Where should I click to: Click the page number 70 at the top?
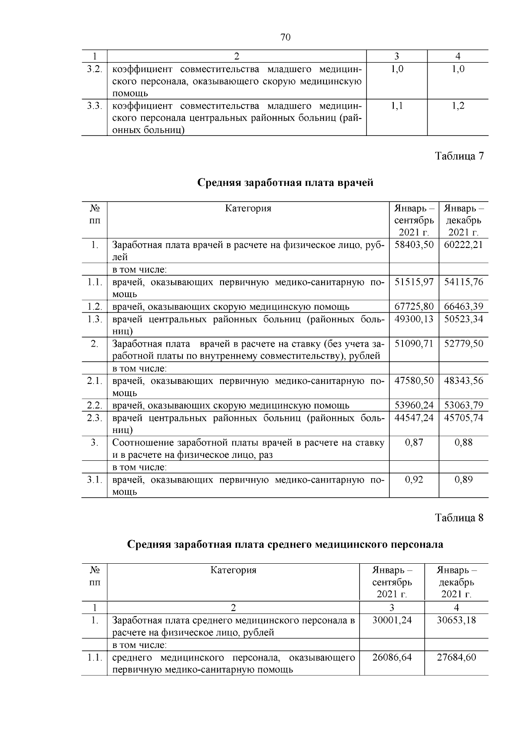[285, 37]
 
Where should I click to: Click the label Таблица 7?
[459, 156]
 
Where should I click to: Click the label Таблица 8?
[459, 518]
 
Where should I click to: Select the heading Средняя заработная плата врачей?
[285, 182]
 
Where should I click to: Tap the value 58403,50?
[414, 245]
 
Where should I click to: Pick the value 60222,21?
[463, 245]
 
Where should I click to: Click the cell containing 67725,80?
[414, 307]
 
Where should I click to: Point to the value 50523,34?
[463, 319]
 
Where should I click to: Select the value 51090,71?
[414, 344]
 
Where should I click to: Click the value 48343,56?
[463, 381]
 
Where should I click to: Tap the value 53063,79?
[463, 406]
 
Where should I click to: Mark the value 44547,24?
[414, 418]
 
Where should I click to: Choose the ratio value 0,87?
[414, 443]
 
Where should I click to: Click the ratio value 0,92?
[414, 479]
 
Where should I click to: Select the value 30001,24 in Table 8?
[392, 620]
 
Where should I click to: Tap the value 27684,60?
[456, 657]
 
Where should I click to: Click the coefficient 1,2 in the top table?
[458, 106]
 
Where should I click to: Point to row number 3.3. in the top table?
[94, 106]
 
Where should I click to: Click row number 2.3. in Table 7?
[94, 418]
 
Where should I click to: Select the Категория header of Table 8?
[233, 570]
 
